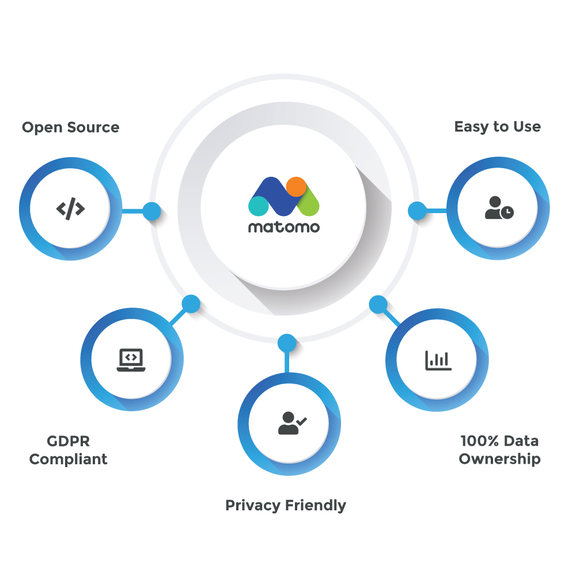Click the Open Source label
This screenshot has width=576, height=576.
tap(70, 127)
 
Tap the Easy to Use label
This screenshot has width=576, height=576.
tap(497, 127)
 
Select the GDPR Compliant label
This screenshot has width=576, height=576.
tap(68, 450)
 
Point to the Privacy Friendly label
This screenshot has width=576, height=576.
tap(286, 506)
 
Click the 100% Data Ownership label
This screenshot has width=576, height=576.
tap(499, 450)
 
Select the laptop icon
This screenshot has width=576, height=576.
tap(131, 360)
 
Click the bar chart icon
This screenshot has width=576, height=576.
tap(438, 360)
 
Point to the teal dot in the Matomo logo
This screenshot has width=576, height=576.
tap(258, 206)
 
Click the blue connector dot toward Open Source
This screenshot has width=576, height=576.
tap(151, 211)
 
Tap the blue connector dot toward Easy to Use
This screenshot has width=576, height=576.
tap(416, 211)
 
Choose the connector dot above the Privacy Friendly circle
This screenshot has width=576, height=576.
tap(286, 343)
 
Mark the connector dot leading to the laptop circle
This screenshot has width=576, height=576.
tap(191, 304)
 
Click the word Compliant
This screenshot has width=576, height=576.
tap(68, 460)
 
